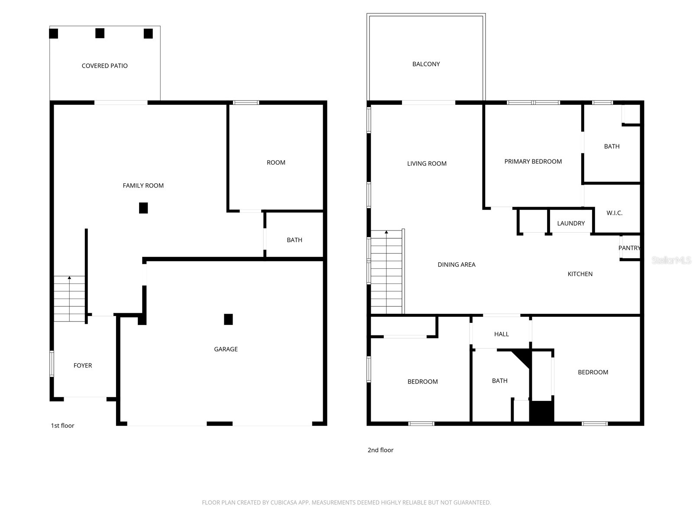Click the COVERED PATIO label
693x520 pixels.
[x=104, y=66]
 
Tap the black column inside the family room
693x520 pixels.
[x=143, y=208]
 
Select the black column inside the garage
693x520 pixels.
[x=228, y=319]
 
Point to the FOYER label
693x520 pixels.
[x=83, y=365]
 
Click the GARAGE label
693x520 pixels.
[x=226, y=349]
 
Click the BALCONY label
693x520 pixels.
[x=426, y=64]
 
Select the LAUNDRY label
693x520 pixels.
[x=571, y=223]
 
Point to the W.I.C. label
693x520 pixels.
[x=614, y=213]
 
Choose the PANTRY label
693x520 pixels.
[x=629, y=248]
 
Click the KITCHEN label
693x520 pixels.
[x=580, y=274]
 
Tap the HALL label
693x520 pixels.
[x=502, y=334]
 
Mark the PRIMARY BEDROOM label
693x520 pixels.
[x=533, y=161]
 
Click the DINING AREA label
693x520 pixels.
[x=457, y=265]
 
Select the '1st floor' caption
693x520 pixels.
[x=62, y=425]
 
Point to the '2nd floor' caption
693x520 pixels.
[x=380, y=450]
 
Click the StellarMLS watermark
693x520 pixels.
[x=671, y=260]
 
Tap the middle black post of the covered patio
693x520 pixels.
[x=100, y=33]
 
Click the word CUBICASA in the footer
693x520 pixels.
[x=282, y=502]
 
